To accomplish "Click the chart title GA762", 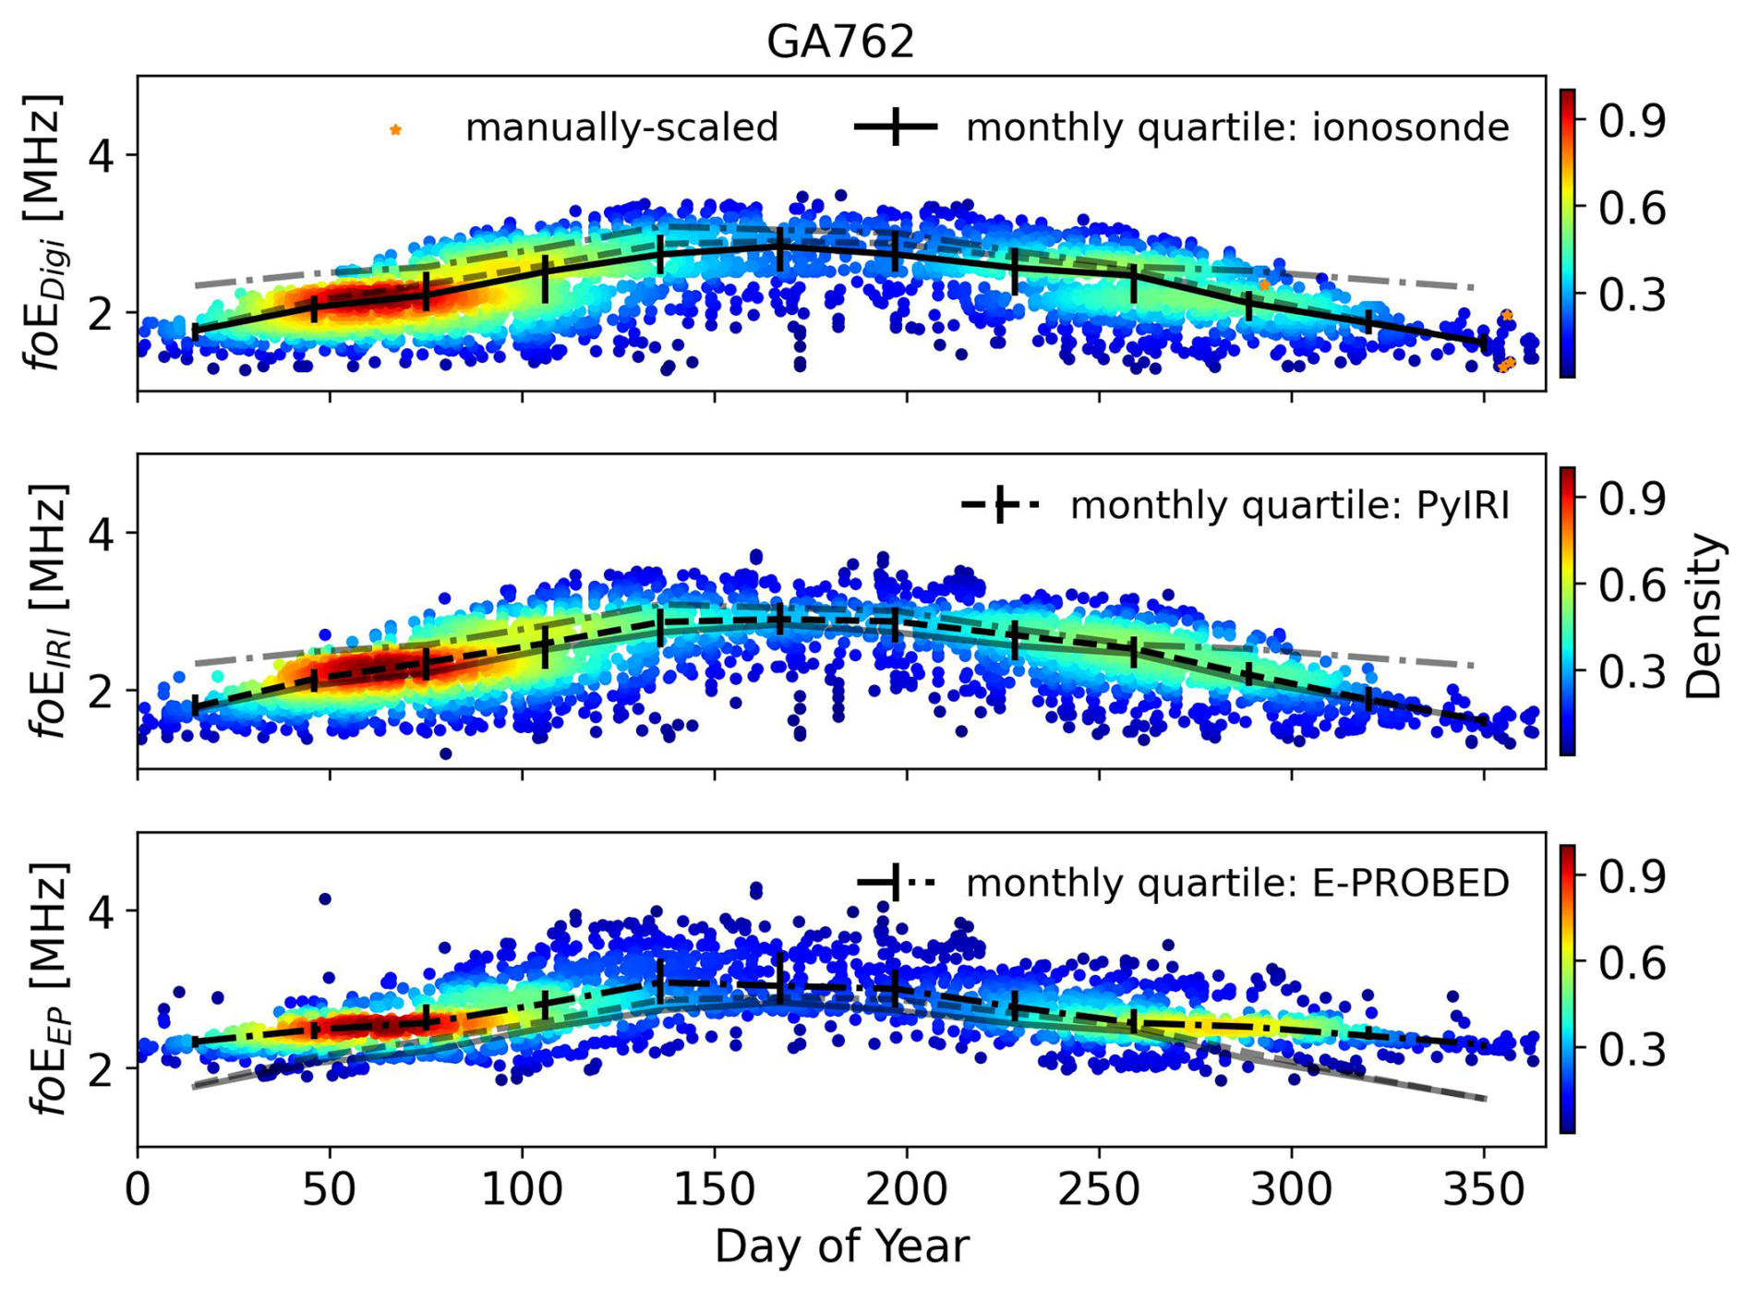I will point(840,42).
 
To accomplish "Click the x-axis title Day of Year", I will point(841,1247).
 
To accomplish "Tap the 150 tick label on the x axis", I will point(714,1190).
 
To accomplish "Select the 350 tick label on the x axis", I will point(1483,1190).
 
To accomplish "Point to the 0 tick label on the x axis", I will point(138,1190).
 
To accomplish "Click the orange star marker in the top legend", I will point(395,130).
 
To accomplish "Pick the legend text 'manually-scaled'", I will point(621,127).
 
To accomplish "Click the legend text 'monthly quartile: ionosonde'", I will point(1237,127).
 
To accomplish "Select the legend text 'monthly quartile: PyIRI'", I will point(1289,506).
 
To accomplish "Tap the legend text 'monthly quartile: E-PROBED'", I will point(1237,884).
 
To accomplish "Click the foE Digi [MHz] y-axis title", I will point(46,233).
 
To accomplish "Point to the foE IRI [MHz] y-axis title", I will point(46,611).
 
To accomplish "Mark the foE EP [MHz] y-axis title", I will point(46,990).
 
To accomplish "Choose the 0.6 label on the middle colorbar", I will point(1632,585).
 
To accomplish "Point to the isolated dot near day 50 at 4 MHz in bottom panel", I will point(324,898).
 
